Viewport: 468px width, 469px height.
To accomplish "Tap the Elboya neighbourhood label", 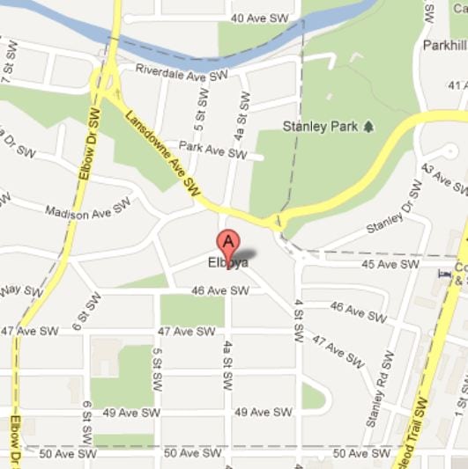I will [x=228, y=262].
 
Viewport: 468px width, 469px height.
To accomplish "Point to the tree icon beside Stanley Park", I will [x=368, y=127].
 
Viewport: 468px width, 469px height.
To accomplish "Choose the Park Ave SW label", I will [x=212, y=150].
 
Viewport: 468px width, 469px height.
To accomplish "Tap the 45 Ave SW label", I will [x=390, y=264].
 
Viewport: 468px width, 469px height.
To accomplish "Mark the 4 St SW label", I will [x=300, y=320].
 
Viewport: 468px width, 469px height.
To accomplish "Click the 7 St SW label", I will [x=7, y=71].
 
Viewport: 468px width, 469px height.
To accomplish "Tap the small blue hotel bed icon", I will [x=443, y=274].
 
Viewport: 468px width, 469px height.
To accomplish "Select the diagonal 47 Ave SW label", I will [x=338, y=351].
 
